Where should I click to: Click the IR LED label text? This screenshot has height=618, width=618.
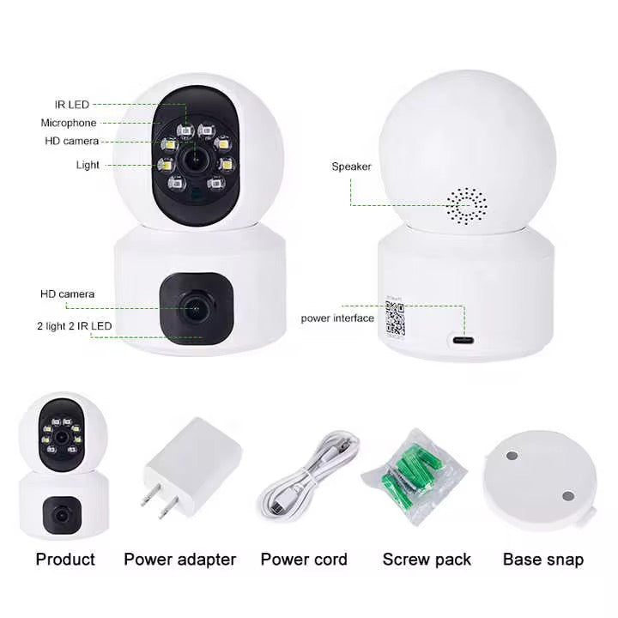pos(72,105)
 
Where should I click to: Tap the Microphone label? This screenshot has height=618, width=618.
pos(69,123)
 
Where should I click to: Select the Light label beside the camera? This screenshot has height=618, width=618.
pos(88,165)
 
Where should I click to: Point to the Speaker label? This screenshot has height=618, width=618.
pos(351,167)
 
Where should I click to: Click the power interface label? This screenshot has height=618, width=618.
pos(337,318)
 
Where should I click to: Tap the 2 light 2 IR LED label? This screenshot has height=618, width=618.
pos(75,326)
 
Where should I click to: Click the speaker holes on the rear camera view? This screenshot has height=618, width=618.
pos(466,206)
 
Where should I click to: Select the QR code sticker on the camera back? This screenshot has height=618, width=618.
pos(395,318)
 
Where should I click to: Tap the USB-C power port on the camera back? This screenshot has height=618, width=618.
pos(461,340)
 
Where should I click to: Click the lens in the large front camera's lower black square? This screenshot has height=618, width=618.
pos(195,308)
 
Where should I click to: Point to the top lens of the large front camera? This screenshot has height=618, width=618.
pos(195,160)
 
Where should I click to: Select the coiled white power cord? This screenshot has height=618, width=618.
pos(308,475)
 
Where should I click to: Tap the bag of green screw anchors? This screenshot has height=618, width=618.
pos(414,477)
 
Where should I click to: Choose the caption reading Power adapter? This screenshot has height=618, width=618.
pos(179,560)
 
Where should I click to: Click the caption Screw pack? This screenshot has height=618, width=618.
pos(427,560)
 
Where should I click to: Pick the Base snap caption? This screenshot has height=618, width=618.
pos(543,560)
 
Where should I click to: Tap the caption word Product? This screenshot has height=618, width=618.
pos(65,560)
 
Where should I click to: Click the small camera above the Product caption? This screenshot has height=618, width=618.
pos(63,466)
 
